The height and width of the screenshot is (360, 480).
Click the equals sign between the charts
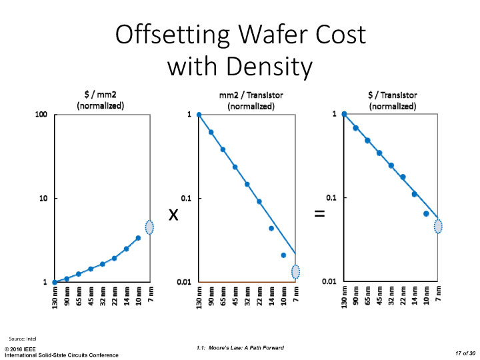tap(319, 215)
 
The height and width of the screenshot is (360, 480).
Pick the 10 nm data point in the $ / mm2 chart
tap(138, 238)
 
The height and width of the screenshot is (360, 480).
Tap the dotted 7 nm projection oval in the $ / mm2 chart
tap(150, 227)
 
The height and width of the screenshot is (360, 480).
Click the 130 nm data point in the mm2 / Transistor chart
tap(199, 115)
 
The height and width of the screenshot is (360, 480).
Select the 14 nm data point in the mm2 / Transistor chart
tap(271, 228)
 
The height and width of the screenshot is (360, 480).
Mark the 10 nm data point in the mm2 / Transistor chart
tap(283, 255)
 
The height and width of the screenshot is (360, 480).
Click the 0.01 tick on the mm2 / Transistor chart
tap(184, 282)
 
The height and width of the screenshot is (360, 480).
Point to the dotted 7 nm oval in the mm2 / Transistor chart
tap(295, 271)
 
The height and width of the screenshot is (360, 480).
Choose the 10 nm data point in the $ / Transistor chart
tap(426, 214)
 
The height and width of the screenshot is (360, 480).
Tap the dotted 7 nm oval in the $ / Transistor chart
tap(438, 226)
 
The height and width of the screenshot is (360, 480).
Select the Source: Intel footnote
tap(23, 339)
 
